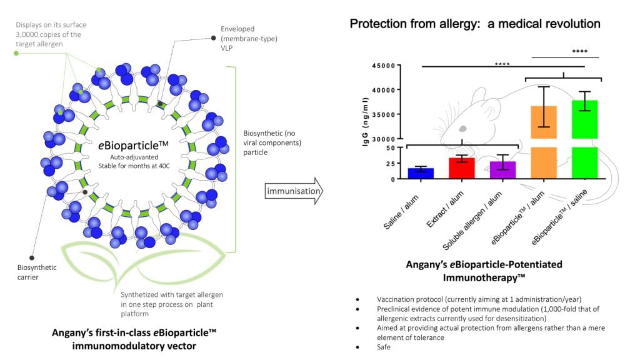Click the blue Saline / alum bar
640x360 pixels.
421,173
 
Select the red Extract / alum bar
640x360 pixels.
462,168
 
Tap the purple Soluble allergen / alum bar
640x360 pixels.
502,170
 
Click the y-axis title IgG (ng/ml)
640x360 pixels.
366,122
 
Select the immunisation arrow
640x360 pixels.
293,190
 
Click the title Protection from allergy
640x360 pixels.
475,24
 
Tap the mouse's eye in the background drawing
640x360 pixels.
463,127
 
